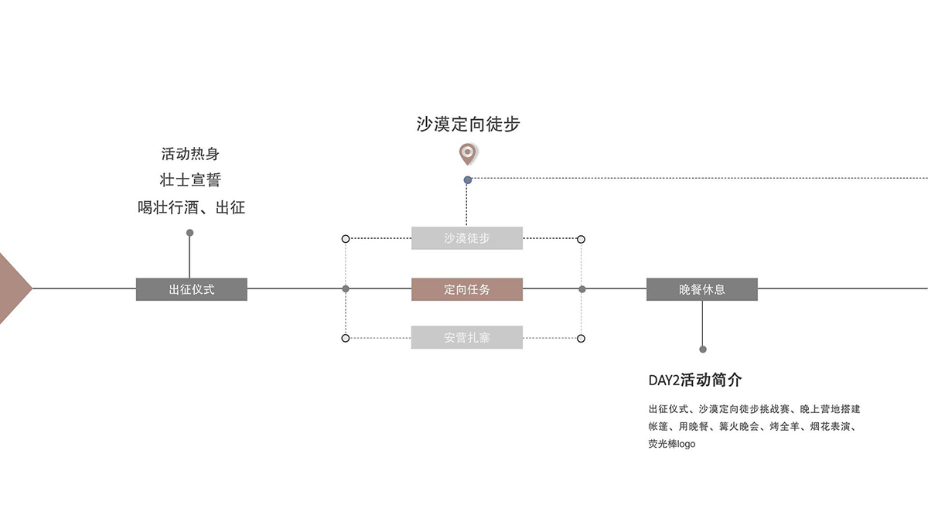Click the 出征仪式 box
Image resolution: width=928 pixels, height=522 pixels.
tap(191, 289)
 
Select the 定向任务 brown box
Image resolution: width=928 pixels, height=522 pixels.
tap(466, 289)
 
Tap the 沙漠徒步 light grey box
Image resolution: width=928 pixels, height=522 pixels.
tap(466, 238)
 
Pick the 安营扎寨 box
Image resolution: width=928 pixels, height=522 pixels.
tap(466, 337)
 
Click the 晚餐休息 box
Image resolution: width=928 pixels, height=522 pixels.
tap(701, 289)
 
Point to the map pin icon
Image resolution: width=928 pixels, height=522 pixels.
tap(466, 153)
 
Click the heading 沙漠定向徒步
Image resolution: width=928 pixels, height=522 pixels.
tap(468, 125)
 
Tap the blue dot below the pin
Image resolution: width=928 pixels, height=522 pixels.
tap(467, 179)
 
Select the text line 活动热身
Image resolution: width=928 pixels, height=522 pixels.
tap(190, 154)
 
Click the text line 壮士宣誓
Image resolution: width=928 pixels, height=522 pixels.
tap(190, 180)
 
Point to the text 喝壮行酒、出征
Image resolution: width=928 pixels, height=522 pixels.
tap(190, 207)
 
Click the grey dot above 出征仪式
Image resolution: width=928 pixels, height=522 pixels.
tap(189, 232)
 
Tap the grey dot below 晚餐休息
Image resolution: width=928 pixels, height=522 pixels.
tap(702, 349)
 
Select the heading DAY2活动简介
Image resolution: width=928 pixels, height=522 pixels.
tap(695, 380)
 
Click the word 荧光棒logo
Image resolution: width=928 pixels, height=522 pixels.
tap(672, 444)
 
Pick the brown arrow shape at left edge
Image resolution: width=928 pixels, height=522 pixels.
tap(12, 288)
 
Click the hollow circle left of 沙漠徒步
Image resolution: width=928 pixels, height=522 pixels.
tap(346, 239)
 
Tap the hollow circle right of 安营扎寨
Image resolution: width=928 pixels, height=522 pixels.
tap(581, 338)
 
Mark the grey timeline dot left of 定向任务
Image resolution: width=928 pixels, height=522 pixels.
tap(346, 289)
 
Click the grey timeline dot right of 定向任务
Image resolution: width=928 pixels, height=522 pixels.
tap(582, 289)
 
